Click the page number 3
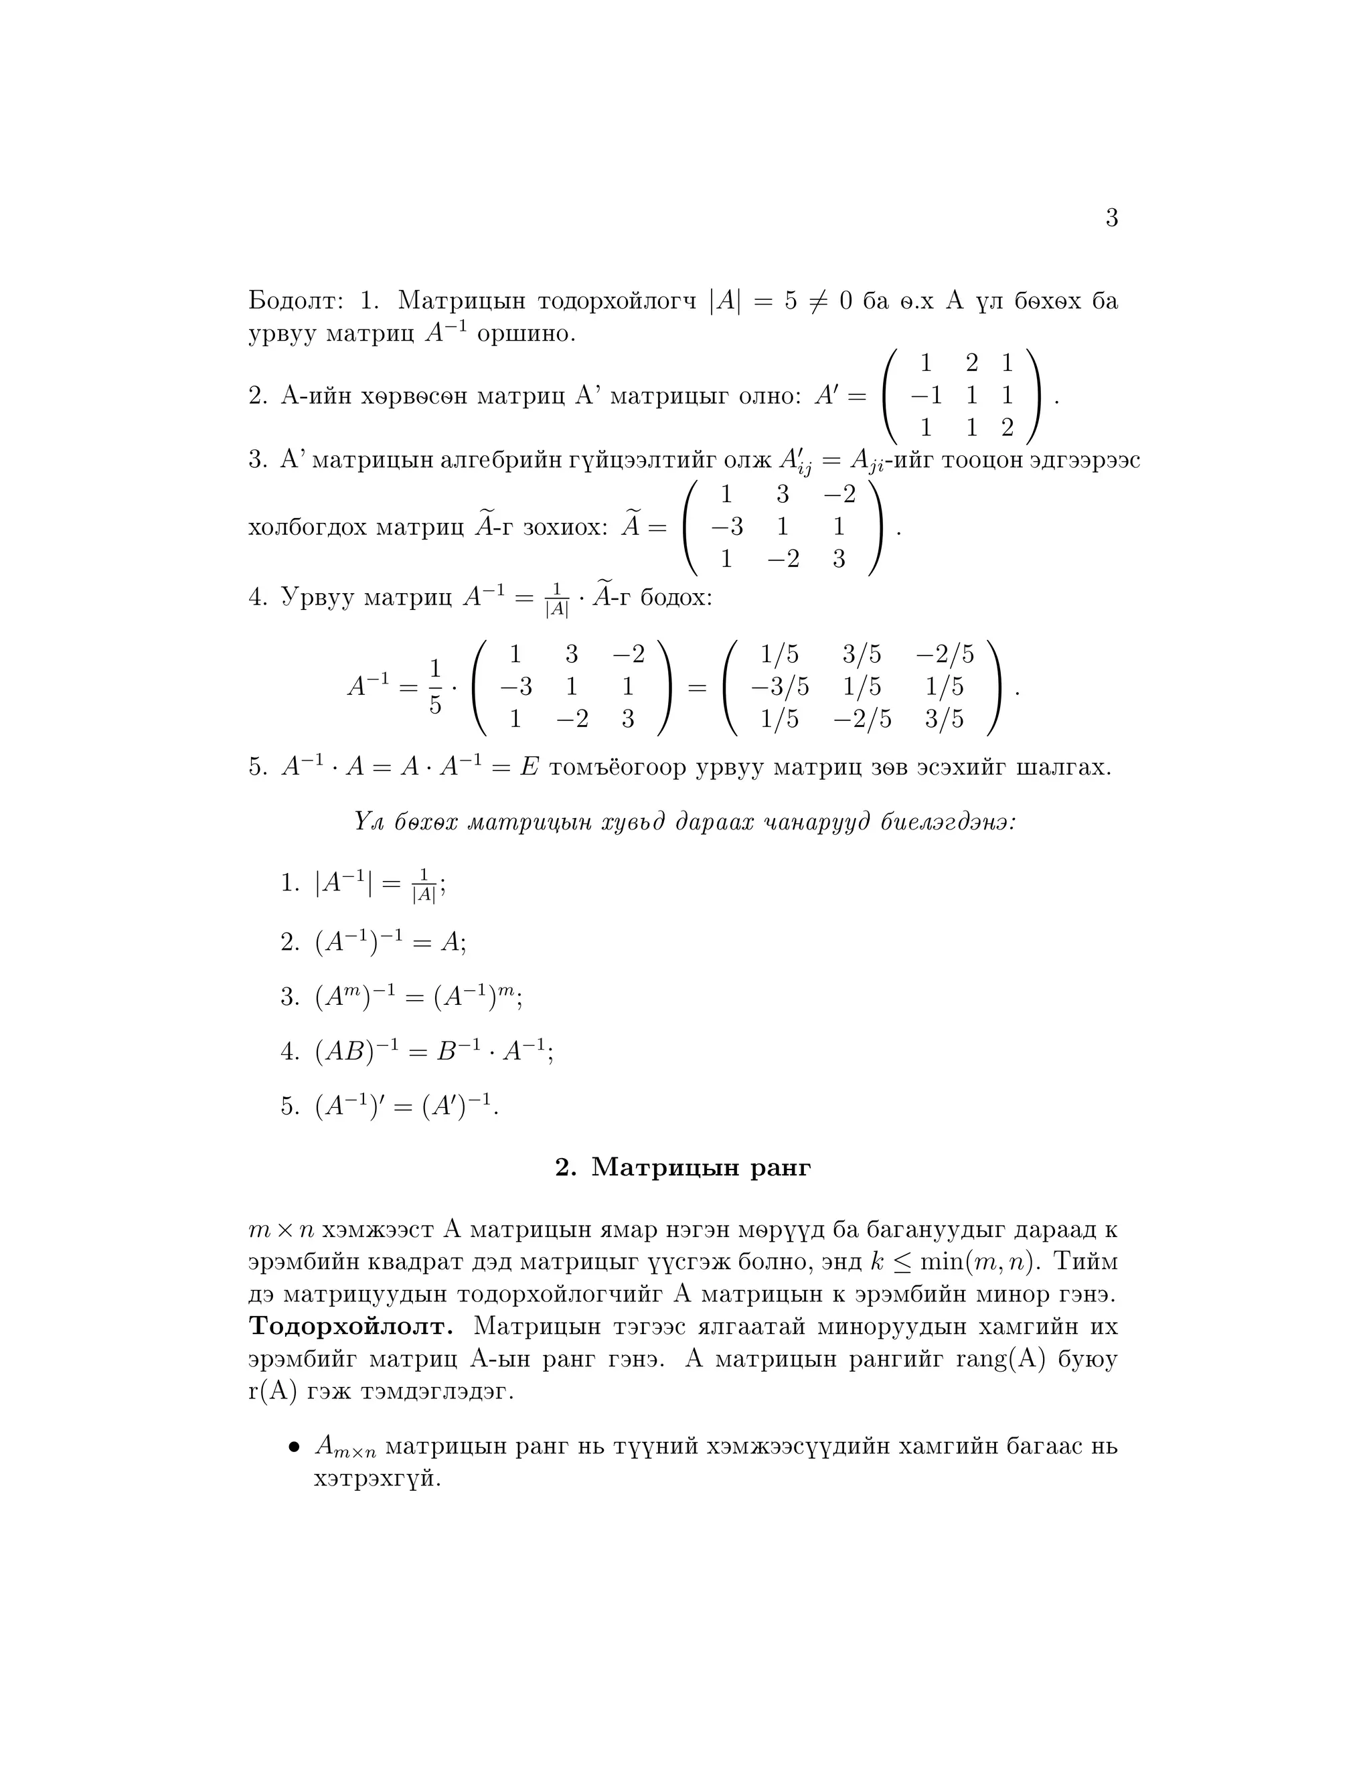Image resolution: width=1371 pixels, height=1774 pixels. point(1111,218)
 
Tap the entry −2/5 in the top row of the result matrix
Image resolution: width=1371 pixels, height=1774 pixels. point(944,654)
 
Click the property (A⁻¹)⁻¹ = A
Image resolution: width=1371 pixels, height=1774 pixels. point(390,943)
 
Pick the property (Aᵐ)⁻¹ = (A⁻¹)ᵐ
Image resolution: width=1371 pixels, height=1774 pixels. point(418,997)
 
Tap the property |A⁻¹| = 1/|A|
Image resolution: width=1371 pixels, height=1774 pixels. point(380,884)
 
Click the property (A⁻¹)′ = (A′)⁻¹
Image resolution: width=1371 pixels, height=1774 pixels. point(406,1107)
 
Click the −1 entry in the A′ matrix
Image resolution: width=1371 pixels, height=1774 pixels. point(926,396)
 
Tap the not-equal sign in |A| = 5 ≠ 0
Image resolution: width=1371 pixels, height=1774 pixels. point(818,301)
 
